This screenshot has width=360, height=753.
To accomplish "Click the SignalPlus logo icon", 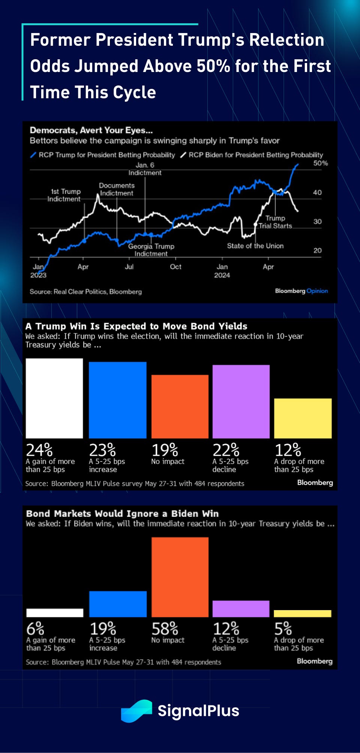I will (x=136, y=711).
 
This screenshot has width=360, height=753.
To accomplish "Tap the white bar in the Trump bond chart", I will (x=54, y=398).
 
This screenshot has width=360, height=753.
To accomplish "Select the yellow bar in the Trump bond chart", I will (x=303, y=418).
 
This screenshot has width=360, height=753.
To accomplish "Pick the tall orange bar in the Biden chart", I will (x=180, y=577).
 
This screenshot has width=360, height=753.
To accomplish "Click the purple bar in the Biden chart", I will (x=241, y=609).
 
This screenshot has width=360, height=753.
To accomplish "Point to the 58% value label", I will (x=165, y=628).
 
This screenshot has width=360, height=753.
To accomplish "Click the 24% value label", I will (x=39, y=450).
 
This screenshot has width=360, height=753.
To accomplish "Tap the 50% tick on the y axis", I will (x=320, y=163).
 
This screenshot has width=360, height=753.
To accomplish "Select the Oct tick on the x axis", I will (x=175, y=267).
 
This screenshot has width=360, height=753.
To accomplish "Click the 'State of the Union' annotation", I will (x=255, y=246).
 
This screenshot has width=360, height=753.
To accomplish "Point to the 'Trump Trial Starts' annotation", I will (x=275, y=222).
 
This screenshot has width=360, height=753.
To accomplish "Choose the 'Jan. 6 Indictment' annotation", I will (x=145, y=169).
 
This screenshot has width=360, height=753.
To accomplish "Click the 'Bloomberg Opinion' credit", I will (x=301, y=291).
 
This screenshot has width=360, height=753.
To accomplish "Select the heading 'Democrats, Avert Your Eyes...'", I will (x=91, y=130).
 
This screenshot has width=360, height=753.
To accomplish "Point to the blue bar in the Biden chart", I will (x=118, y=604).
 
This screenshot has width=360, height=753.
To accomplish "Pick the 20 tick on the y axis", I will (x=317, y=250).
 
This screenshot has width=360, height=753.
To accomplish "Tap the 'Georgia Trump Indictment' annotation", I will (x=151, y=250).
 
